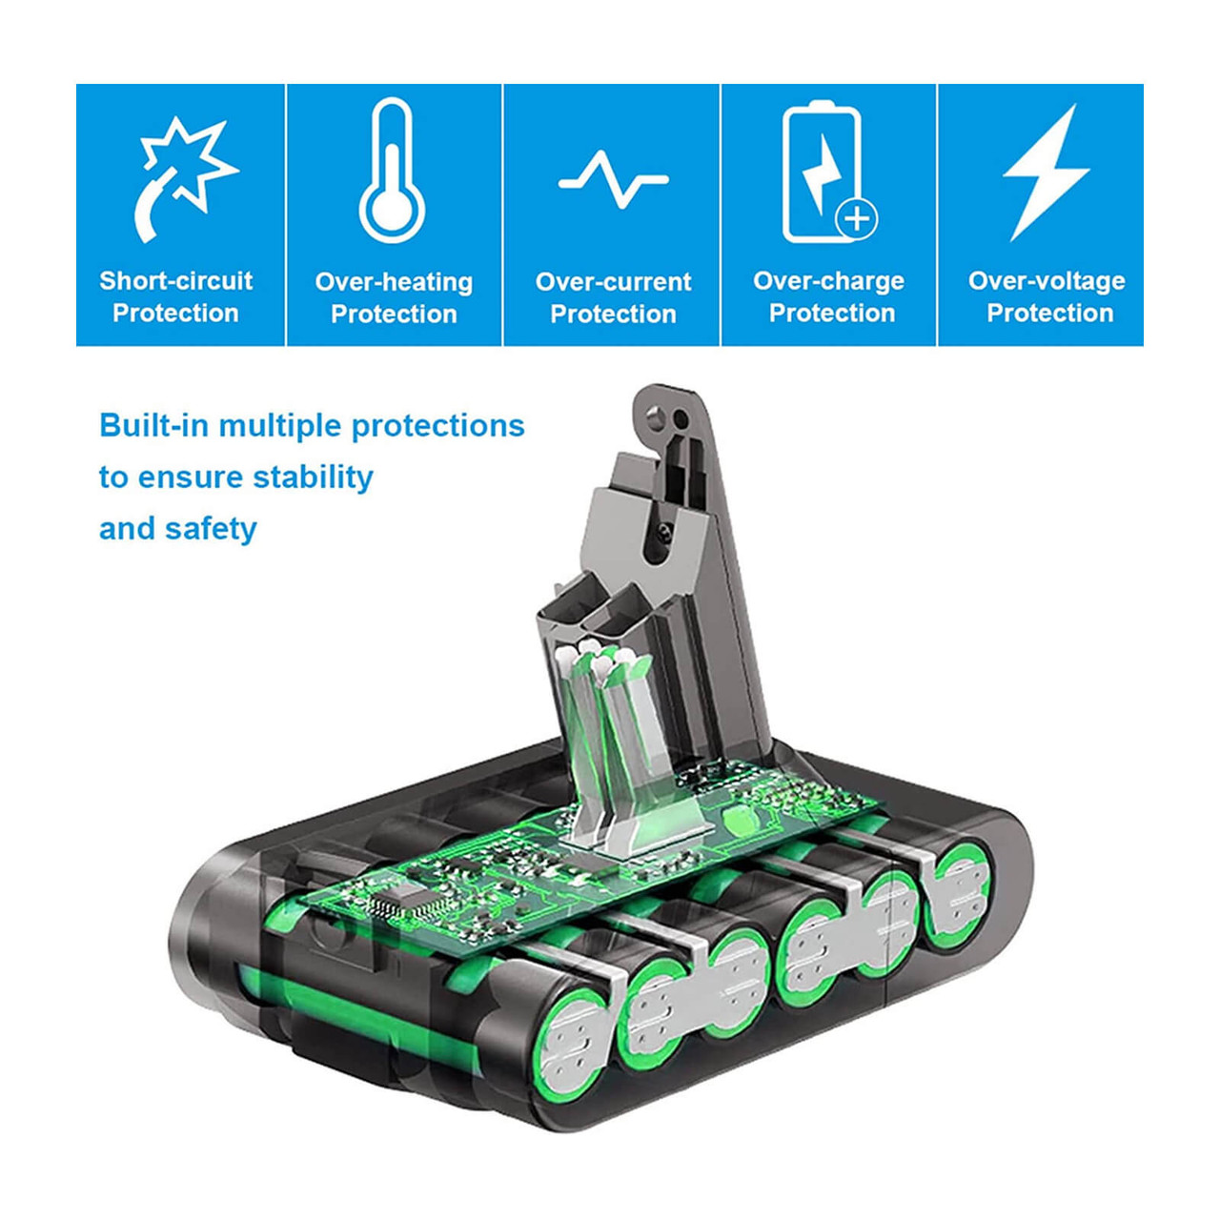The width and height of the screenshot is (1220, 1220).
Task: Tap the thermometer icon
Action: pos(393,171)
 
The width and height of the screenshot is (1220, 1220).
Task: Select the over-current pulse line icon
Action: pos(613,180)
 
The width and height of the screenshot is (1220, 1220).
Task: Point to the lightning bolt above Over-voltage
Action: pos(1046,173)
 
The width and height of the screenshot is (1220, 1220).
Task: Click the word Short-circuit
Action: pos(176,280)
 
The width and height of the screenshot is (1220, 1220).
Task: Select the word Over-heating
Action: pos(394,282)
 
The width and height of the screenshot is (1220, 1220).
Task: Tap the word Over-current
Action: pos(613,282)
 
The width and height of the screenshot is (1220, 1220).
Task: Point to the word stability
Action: pos(313,478)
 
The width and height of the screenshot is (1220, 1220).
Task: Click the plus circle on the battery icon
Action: pos(857,219)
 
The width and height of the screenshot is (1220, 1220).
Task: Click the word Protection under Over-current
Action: pos(613,315)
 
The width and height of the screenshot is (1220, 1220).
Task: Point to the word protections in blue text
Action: pos(438,427)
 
